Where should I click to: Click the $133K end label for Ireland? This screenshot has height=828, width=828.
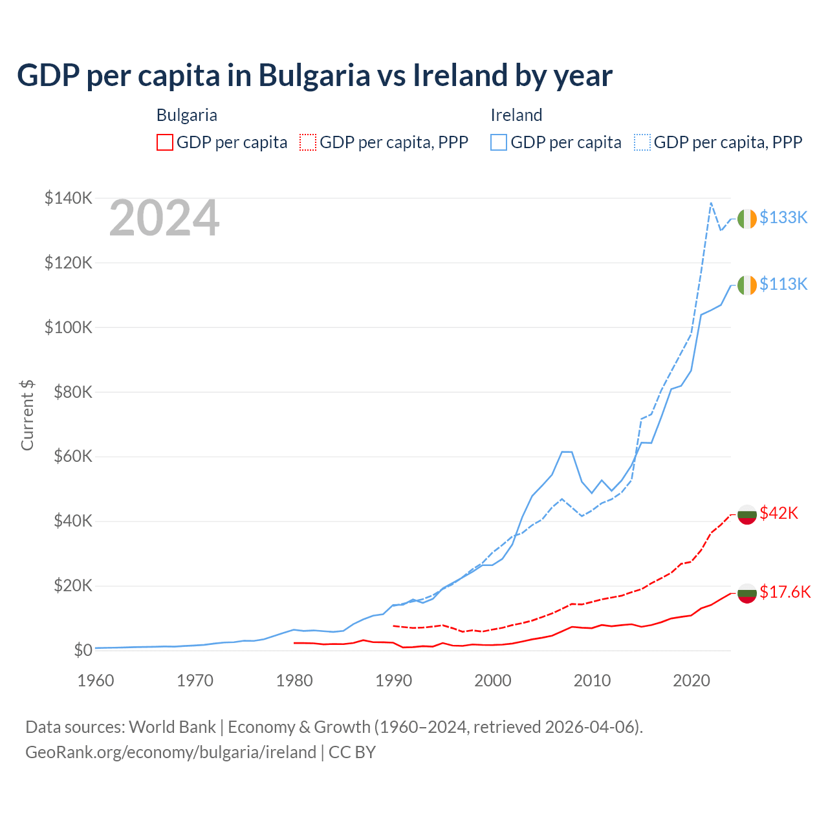(783, 217)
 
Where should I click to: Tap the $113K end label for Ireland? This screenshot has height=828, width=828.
(783, 284)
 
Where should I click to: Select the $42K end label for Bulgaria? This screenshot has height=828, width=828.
(779, 513)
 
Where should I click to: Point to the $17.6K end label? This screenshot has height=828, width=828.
(785, 592)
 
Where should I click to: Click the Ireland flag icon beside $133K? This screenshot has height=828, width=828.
(746, 219)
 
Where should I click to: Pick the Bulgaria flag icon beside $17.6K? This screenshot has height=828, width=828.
(746, 593)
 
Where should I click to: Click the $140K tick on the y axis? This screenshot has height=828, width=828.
(69, 198)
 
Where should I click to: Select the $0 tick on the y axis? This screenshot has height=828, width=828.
(83, 650)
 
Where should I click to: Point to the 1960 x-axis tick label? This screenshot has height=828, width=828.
(96, 681)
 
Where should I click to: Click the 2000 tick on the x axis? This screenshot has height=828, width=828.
(493, 681)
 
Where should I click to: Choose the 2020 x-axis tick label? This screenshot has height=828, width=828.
(692, 681)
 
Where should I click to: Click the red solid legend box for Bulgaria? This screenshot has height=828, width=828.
(165, 142)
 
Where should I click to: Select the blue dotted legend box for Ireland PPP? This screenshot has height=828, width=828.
(642, 142)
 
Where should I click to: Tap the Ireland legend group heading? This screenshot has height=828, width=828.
(516, 115)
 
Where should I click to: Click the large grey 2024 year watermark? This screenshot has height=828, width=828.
(164, 219)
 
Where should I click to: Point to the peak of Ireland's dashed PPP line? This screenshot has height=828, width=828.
(711, 202)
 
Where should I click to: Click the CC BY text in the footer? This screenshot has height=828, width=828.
(352, 752)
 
